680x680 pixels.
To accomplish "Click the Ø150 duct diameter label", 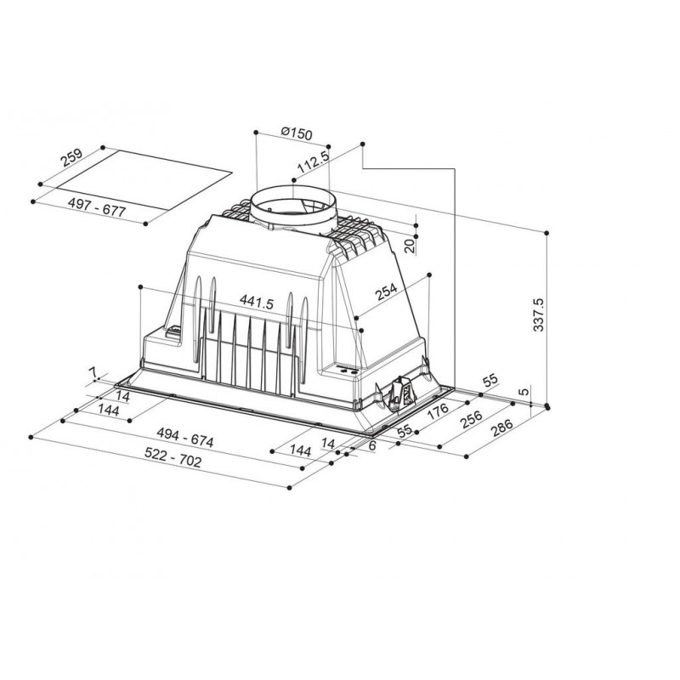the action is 296,133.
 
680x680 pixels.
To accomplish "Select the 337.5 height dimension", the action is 538,314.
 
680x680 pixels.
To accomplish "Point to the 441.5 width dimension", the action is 257,302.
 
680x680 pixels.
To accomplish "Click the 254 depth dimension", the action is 386,291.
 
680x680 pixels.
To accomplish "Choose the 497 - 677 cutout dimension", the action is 97,207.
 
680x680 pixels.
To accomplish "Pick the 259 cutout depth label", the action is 71,158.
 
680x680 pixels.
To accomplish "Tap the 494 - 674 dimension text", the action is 185,437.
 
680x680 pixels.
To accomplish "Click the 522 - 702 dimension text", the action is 173,457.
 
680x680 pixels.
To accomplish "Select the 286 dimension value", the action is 501,428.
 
